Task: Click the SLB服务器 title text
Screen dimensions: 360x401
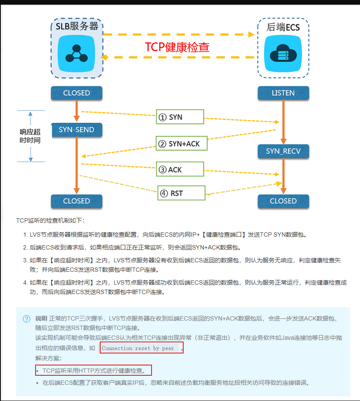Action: coord(77,26)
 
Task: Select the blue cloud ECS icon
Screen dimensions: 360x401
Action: coord(283,53)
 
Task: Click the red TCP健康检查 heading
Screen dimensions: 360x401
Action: coord(177,47)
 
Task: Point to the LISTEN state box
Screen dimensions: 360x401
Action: coord(283,93)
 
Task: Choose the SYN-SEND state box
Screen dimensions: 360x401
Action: coord(76,130)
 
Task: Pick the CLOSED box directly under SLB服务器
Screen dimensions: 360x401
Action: coord(76,93)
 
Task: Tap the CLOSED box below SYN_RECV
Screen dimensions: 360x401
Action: coord(283,201)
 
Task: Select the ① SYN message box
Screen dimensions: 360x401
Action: coord(179,117)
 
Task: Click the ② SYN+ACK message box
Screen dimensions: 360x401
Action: coord(181,144)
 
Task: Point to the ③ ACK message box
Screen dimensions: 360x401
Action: coord(179,170)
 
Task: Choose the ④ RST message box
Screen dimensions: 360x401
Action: coord(181,193)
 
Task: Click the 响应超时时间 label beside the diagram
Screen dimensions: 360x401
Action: coord(30,136)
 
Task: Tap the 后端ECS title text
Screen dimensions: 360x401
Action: coord(283,28)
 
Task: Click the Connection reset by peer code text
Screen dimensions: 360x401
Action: coord(138,348)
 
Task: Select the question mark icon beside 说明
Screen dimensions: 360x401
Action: coord(27,319)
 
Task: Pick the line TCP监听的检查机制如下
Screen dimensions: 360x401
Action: coord(51,220)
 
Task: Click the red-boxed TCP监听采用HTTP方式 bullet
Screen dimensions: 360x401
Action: coord(94,371)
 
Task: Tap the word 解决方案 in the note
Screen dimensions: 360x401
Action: coord(48,358)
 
